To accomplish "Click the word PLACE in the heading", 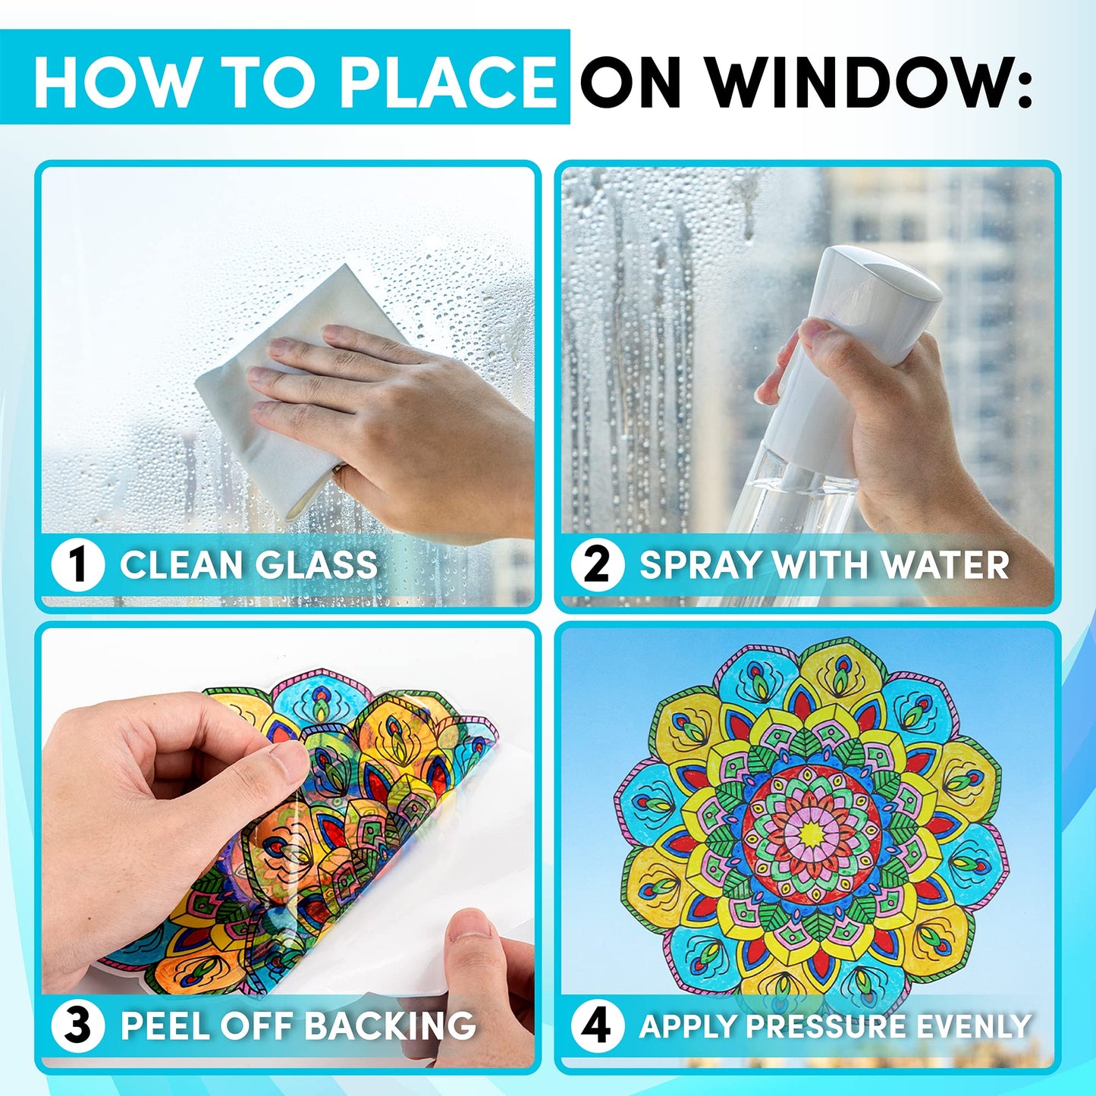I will (448, 82).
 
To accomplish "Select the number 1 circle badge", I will (77, 566).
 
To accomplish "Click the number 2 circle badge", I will (597, 566).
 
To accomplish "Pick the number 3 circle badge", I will (77, 1026).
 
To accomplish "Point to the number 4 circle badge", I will (597, 1026).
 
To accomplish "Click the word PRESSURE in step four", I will (827, 1026).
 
